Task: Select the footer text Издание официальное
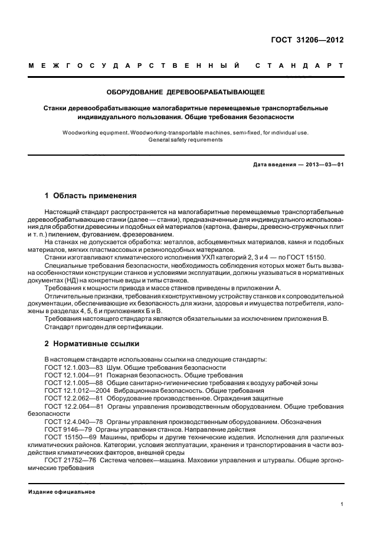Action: pyautogui.click(x=62, y=491)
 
